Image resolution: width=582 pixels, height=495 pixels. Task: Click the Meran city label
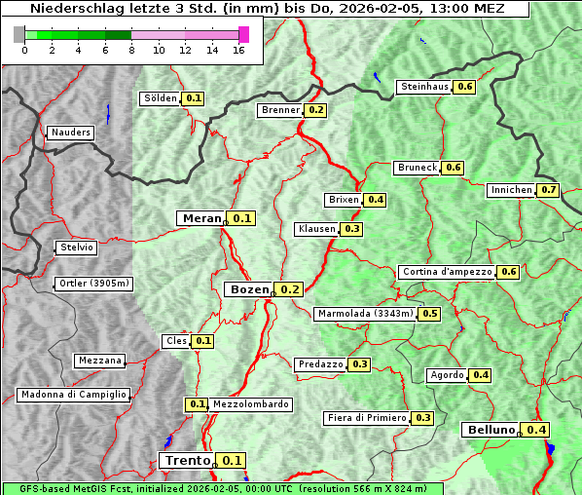[201, 218]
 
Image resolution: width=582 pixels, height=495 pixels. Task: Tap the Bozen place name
[248, 289]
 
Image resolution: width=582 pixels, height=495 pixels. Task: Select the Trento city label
[187, 461]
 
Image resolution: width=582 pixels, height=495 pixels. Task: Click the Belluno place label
[489, 430]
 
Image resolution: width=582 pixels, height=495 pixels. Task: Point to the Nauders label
[70, 133]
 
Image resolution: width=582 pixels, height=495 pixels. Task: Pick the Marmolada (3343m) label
[365, 314]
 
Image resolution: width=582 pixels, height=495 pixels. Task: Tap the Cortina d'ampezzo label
[447, 272]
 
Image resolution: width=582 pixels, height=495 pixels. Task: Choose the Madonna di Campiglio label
[73, 395]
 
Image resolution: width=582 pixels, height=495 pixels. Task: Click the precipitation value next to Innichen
[549, 190]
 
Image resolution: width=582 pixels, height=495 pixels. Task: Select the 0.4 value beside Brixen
[376, 200]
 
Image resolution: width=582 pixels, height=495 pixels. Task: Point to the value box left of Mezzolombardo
[197, 404]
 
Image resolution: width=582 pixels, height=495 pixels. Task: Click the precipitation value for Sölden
[194, 98]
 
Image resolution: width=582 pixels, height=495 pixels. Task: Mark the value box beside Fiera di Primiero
[422, 418]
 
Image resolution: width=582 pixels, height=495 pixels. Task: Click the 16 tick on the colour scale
[238, 50]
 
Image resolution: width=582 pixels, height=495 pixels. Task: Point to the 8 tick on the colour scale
[131, 50]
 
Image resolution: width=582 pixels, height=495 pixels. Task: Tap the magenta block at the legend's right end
[243, 34]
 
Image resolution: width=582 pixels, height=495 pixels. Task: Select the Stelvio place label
[77, 247]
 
